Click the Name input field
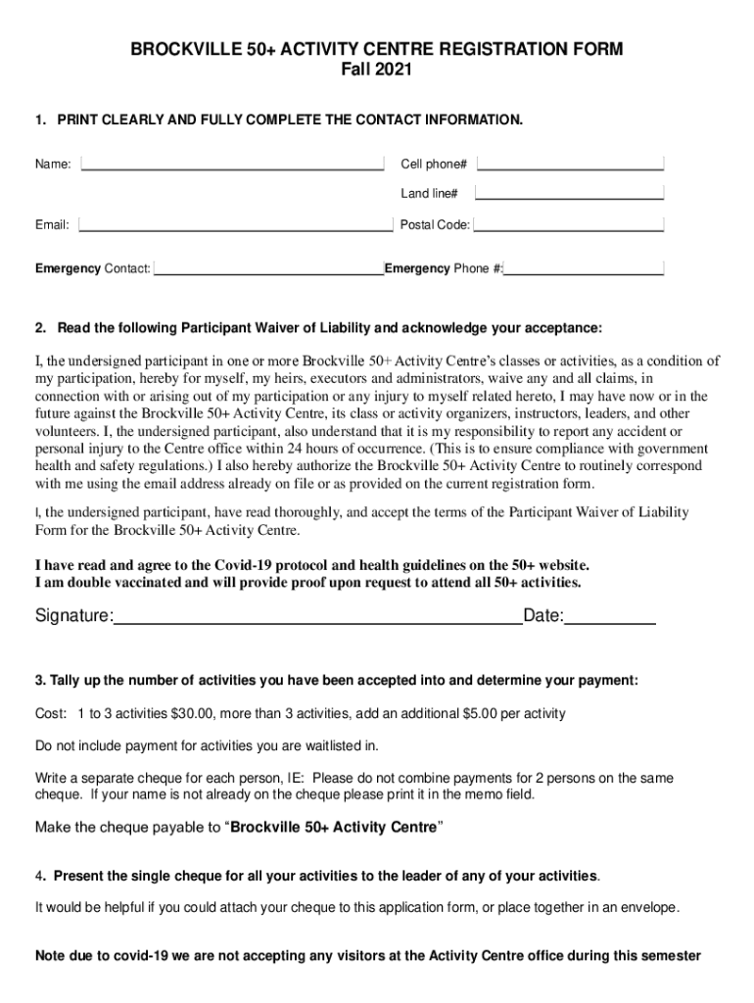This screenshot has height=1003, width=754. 232,164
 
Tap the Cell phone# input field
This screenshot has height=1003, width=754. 570,164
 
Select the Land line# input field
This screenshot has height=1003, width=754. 570,193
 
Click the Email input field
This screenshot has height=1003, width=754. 235,224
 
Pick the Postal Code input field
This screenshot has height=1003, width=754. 569,224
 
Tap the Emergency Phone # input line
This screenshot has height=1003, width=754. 584,267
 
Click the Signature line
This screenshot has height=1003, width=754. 318,616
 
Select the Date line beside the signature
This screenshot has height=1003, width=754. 610,616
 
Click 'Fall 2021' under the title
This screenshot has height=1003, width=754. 376,71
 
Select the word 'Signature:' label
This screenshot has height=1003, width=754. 74,616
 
